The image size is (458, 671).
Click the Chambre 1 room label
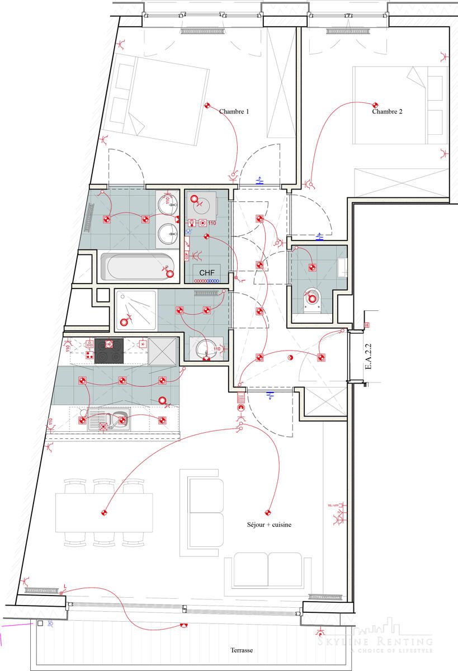tap(234, 112)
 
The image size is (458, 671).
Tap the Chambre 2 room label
tap(387, 112)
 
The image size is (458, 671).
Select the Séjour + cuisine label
tap(269, 525)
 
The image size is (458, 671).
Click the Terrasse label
tap(242, 651)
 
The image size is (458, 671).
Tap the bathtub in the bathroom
tap(138, 267)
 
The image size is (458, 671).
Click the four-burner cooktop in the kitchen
tap(108, 351)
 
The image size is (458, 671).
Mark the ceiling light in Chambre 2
tap(375, 105)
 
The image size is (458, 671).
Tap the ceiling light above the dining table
tap(103, 512)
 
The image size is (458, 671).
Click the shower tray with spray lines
tap(136, 309)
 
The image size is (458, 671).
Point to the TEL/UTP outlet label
tap(333, 505)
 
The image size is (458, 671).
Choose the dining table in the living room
tap(104, 513)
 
